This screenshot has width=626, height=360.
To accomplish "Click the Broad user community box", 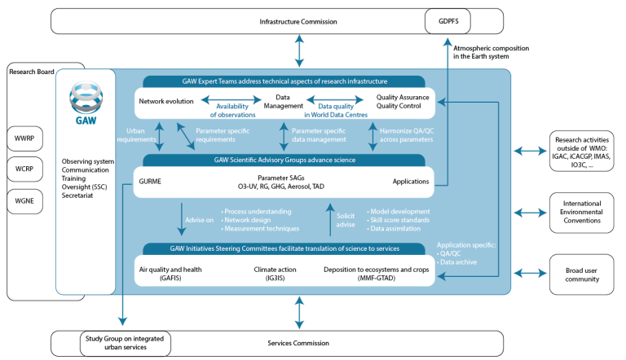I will tap(582, 274).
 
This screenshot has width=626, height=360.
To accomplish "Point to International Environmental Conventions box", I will tap(582, 213).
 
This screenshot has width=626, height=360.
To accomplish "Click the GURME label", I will tap(151, 180).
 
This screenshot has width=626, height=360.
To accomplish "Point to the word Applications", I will tap(411, 180).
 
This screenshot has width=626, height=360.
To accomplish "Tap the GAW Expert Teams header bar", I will tap(284, 81).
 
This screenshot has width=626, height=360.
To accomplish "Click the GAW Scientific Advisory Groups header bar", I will tap(284, 160).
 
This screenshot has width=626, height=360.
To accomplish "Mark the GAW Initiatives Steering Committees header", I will tap(284, 248).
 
